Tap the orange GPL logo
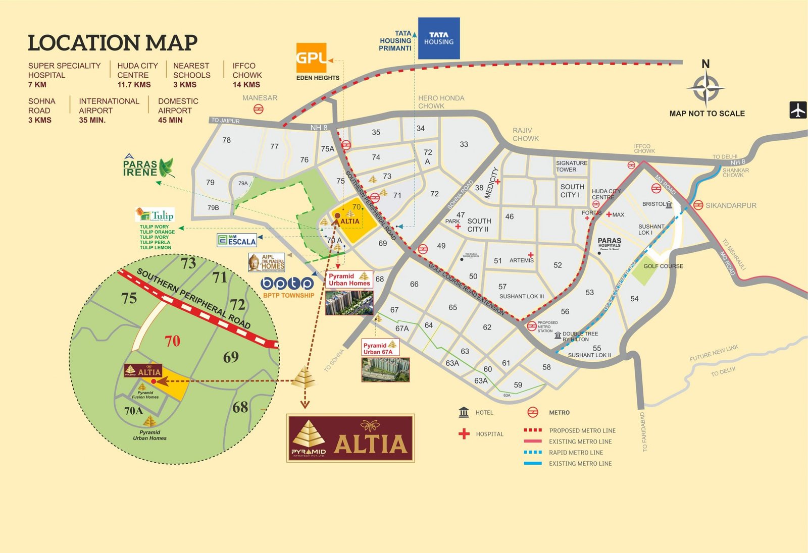coord(311,58)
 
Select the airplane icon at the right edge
coord(798,109)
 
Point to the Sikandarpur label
coord(731,205)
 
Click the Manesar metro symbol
coord(259,109)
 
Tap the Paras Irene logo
coord(148,167)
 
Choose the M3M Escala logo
coord(236,240)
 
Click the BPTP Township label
coord(288,295)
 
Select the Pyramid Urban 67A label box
coord(380,348)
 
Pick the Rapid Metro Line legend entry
coord(576,453)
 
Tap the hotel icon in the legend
coord(464,412)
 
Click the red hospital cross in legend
coord(464,434)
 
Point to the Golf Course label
coord(663,266)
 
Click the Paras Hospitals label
coord(609,242)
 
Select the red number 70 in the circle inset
coord(172,341)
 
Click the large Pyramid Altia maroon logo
coord(350,438)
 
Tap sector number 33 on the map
coord(464,144)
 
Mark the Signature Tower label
coord(571,166)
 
